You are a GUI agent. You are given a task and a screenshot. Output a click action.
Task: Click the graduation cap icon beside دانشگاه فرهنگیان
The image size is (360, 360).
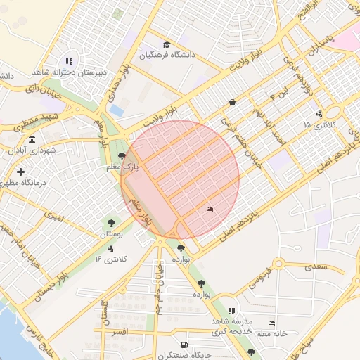[166, 45]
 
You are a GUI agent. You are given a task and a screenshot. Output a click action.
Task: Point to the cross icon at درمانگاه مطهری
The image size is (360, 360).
[20, 172]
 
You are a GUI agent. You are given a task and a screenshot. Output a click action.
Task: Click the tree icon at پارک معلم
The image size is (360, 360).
[123, 157]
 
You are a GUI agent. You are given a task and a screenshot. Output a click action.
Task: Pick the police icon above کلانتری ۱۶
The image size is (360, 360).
[110, 247]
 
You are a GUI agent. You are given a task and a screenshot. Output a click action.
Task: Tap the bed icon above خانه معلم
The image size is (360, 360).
[271, 323]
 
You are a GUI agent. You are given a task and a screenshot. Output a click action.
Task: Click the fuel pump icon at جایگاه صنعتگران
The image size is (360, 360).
[184, 345]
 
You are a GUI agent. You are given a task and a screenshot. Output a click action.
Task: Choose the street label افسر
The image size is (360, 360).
[119, 330]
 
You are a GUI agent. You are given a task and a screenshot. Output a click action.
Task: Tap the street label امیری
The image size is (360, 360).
[53, 217]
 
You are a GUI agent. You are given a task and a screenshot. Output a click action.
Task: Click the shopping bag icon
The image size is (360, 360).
[232, 103]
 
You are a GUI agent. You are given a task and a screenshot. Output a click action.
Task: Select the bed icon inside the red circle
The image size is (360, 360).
[210, 209]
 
